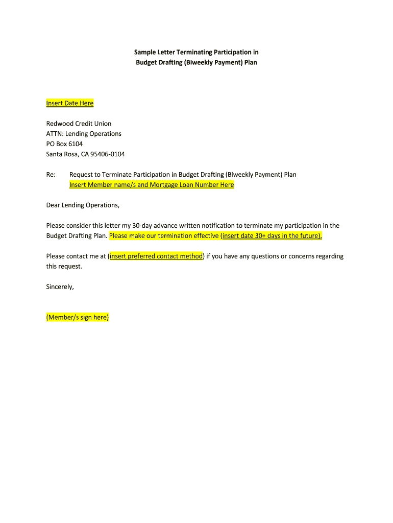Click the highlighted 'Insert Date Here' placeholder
(x=70, y=103)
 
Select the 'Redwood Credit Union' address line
(x=79, y=124)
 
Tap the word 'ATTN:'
(x=55, y=134)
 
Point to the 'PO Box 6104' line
(x=64, y=144)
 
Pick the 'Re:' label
(x=51, y=175)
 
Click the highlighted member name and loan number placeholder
(x=152, y=185)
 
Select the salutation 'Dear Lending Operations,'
(x=83, y=205)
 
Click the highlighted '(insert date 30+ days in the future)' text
(x=271, y=236)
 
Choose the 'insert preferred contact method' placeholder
(x=156, y=256)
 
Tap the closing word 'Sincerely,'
(x=60, y=287)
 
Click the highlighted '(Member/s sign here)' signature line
(x=78, y=318)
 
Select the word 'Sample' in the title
(x=145, y=52)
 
